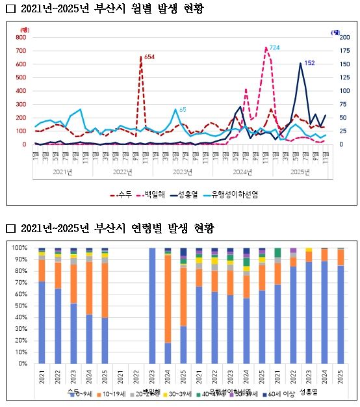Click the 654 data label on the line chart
coord(149,58)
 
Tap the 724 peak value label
coord(274,48)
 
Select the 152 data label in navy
coord(309,63)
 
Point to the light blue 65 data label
coord(183,109)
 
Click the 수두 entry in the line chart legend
coord(124,194)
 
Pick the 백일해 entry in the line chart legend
coord(158,194)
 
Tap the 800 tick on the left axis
coord(20,38)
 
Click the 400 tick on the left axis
coord(20,91)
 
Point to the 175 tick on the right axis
coord(336,51)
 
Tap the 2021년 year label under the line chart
coord(63,172)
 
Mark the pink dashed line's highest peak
coord(266,48)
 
